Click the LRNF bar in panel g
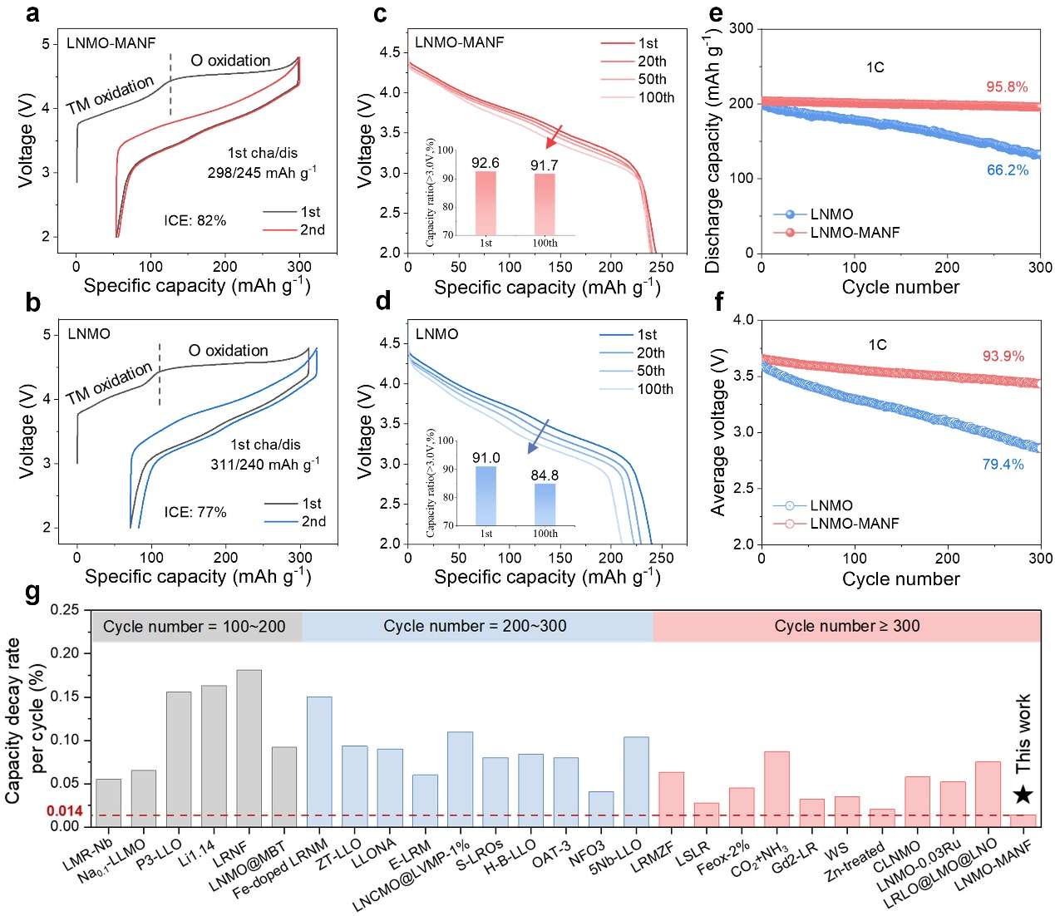point(249,747)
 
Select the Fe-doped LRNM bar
point(319,761)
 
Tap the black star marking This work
point(1023,795)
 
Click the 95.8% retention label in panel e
point(1007,87)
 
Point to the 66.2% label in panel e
point(1008,170)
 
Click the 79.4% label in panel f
point(1003,465)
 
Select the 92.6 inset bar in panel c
point(486,203)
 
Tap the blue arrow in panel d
point(538,437)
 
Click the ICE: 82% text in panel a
point(195,221)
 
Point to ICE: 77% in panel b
point(195,513)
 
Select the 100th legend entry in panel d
point(636,389)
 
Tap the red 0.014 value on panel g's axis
point(64,811)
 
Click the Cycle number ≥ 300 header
point(846,627)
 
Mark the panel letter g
point(32,593)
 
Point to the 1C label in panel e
point(875,67)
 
